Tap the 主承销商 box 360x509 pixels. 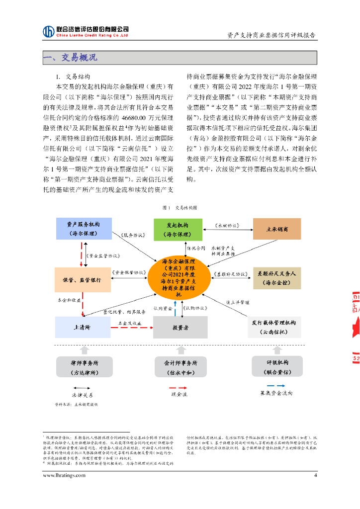(277, 229)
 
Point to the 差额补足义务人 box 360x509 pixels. (276, 278)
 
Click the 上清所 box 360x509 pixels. (83, 327)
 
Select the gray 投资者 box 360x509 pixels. (180, 328)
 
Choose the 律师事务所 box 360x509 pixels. (85, 367)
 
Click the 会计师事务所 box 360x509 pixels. (180, 367)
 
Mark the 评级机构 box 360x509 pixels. (277, 367)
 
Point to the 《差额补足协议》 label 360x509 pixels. (230, 274)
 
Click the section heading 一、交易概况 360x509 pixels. (70, 58)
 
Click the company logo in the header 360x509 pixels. (49, 31)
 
